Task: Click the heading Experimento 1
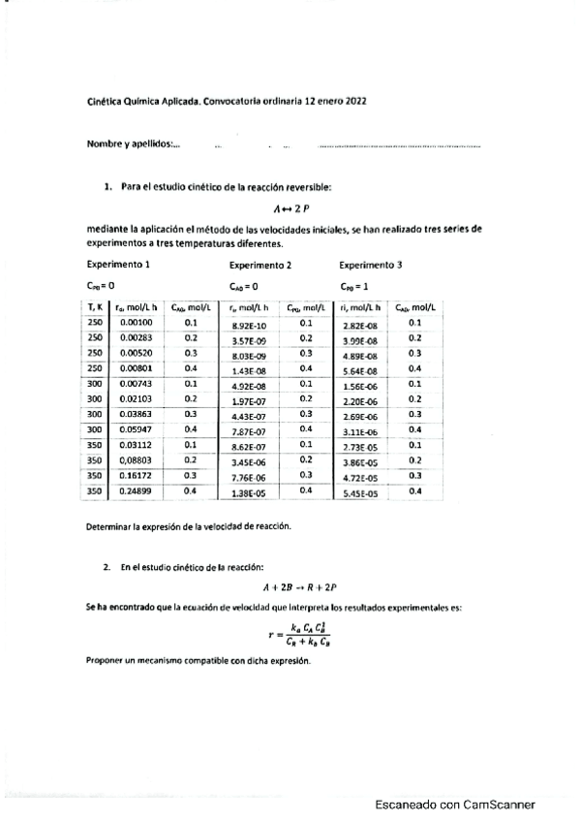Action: tap(118, 264)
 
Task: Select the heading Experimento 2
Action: tap(260, 265)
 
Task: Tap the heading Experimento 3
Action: tap(371, 264)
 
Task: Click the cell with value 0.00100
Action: tap(137, 322)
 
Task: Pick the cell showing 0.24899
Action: tap(137, 492)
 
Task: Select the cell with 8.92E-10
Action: tap(249, 325)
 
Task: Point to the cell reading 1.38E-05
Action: tap(249, 494)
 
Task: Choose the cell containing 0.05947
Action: tap(137, 429)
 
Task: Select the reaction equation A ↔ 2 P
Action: tap(290, 208)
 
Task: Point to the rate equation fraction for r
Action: tap(302, 636)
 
